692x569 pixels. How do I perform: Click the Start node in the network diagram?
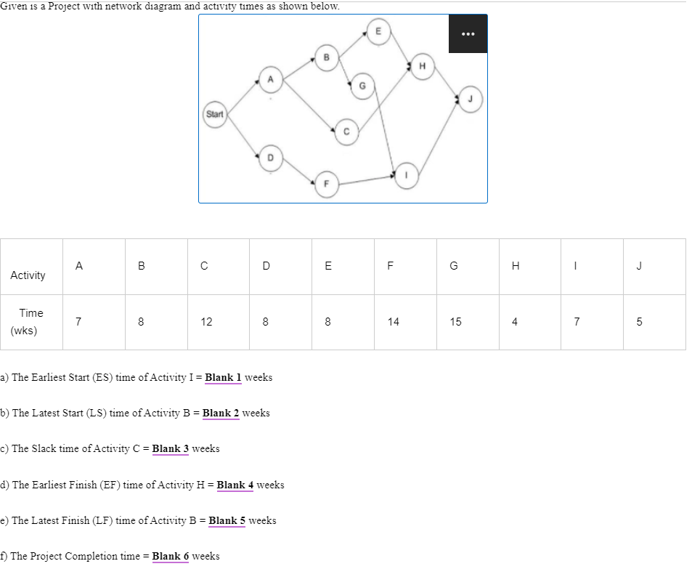tap(214, 114)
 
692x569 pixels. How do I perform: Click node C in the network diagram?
tap(346, 132)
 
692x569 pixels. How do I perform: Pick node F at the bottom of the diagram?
tap(326, 183)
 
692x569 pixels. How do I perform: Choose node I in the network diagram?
tap(407, 174)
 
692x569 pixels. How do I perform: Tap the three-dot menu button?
tap(467, 33)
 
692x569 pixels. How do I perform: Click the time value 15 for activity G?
tap(455, 322)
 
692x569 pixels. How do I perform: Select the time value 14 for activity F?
tap(393, 322)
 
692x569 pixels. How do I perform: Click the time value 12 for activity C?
tap(206, 322)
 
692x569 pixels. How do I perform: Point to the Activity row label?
tap(28, 275)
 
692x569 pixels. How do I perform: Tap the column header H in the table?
tap(516, 266)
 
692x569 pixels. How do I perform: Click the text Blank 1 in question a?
tap(223, 377)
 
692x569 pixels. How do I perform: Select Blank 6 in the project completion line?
tap(170, 556)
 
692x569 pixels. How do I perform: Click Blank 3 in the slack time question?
tap(170, 448)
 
